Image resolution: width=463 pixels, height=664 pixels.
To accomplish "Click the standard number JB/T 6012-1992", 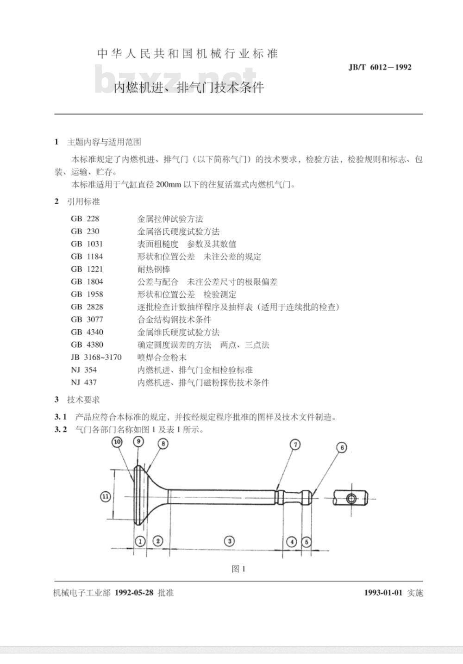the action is coord(380,67).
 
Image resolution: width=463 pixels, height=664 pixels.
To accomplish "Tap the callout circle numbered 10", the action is coord(117,442).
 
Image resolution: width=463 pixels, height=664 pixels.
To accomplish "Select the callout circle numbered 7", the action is coord(295,445).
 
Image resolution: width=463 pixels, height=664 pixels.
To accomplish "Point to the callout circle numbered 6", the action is coord(342,448).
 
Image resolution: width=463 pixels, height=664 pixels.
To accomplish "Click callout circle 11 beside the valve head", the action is coord(106,497).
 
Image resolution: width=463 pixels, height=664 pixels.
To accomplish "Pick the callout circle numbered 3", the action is coord(230,541).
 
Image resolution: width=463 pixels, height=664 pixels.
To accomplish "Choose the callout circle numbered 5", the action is coord(307,542).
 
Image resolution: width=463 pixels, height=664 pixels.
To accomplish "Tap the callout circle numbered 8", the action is coord(163,444).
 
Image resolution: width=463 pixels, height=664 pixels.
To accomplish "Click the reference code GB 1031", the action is coord(87,244).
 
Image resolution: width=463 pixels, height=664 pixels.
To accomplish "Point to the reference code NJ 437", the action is coord(84,382).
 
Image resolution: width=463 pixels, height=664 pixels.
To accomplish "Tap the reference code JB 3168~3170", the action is coord(96,357).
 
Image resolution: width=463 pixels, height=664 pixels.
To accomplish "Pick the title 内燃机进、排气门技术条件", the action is coord(189,88).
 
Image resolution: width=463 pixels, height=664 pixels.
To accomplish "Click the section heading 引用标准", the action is coord(84,201).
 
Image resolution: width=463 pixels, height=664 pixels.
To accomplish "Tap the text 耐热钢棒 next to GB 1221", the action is coord(154,269).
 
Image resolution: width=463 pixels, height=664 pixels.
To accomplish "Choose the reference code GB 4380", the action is coord(87,345).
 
